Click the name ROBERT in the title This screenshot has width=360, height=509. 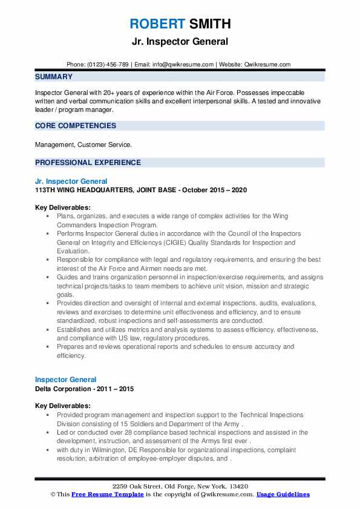click(x=155, y=24)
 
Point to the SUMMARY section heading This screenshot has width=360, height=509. click(x=54, y=77)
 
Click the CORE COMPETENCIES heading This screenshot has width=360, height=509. click(x=76, y=126)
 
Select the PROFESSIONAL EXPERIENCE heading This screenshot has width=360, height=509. click(x=88, y=163)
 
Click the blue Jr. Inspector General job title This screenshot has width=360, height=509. click(x=71, y=181)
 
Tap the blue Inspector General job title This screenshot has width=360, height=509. click(x=66, y=380)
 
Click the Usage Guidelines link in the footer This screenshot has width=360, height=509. click(x=283, y=494)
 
